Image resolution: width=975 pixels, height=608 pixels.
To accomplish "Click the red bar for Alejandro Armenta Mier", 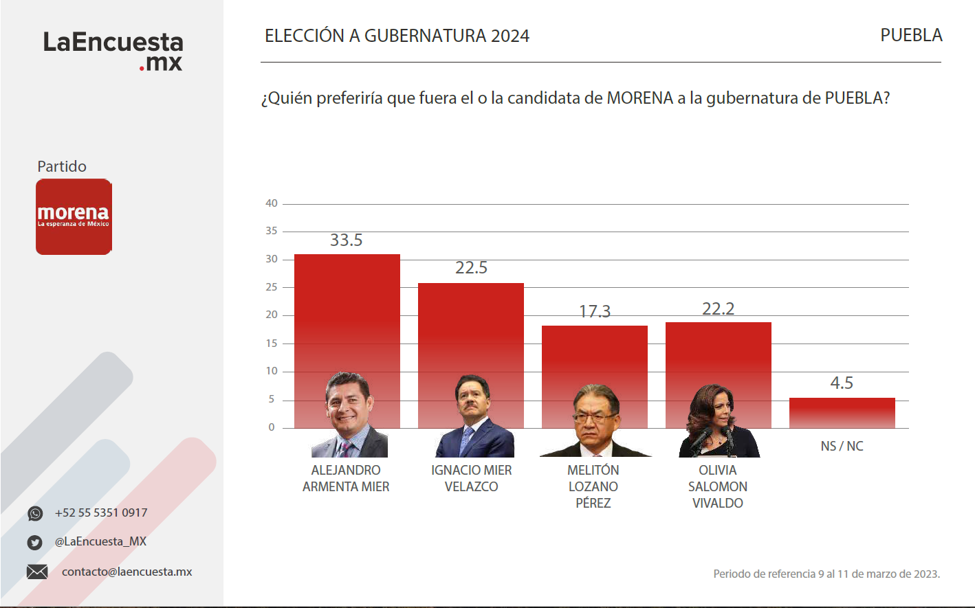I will click(x=347, y=309).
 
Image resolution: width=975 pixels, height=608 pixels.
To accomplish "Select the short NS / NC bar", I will click(x=842, y=412).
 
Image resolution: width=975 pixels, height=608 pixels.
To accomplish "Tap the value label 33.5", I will click(x=346, y=240).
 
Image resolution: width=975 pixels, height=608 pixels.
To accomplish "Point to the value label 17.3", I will click(x=595, y=312).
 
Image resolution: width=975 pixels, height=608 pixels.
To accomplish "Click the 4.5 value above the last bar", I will click(x=842, y=383).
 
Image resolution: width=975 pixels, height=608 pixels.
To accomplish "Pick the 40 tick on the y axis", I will click(x=272, y=203).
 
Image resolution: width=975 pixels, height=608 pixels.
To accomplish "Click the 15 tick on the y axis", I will click(x=272, y=344).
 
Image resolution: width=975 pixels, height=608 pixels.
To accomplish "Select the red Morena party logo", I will click(x=74, y=217).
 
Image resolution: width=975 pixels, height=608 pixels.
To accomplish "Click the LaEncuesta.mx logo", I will click(x=113, y=51).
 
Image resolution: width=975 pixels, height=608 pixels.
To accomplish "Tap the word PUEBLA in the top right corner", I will click(x=911, y=36).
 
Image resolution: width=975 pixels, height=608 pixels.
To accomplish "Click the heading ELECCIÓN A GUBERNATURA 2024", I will click(x=397, y=36).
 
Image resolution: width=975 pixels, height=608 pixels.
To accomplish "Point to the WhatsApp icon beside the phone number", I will click(x=35, y=514).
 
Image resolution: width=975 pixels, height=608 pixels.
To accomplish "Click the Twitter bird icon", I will click(x=35, y=543).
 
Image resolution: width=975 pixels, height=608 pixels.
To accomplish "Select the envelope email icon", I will click(x=37, y=572).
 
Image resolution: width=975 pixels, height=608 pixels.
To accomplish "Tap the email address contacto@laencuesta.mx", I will click(x=127, y=572).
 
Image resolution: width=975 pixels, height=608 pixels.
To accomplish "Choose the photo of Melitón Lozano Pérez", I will click(x=595, y=421).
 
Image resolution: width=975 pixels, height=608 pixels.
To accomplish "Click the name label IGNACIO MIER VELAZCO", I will click(x=471, y=478).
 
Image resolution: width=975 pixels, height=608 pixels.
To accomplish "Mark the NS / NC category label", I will click(x=842, y=447).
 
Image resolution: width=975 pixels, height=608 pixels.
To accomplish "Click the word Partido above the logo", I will click(x=62, y=167).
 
